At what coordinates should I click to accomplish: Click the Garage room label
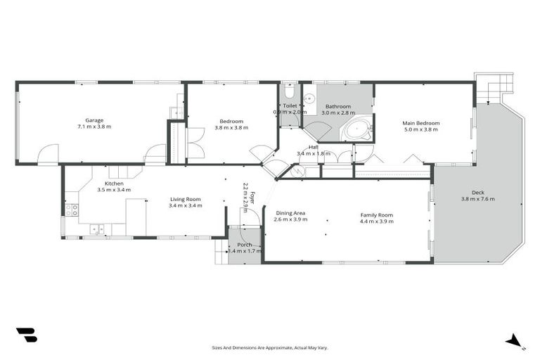point(94,120)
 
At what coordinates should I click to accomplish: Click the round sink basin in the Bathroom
point(309,99)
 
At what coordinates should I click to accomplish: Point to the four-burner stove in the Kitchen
point(72,210)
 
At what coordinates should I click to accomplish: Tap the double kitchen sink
point(97,229)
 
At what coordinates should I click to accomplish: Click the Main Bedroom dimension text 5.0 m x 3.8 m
point(420,129)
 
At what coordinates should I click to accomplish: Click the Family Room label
point(376,215)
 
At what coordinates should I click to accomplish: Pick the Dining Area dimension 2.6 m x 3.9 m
point(290,220)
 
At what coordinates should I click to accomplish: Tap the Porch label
point(244,245)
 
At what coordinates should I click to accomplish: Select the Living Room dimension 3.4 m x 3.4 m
point(186,206)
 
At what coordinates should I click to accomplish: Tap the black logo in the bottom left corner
point(26,335)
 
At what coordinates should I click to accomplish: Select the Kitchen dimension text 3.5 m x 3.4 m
point(114,190)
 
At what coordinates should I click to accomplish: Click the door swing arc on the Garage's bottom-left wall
point(48,154)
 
